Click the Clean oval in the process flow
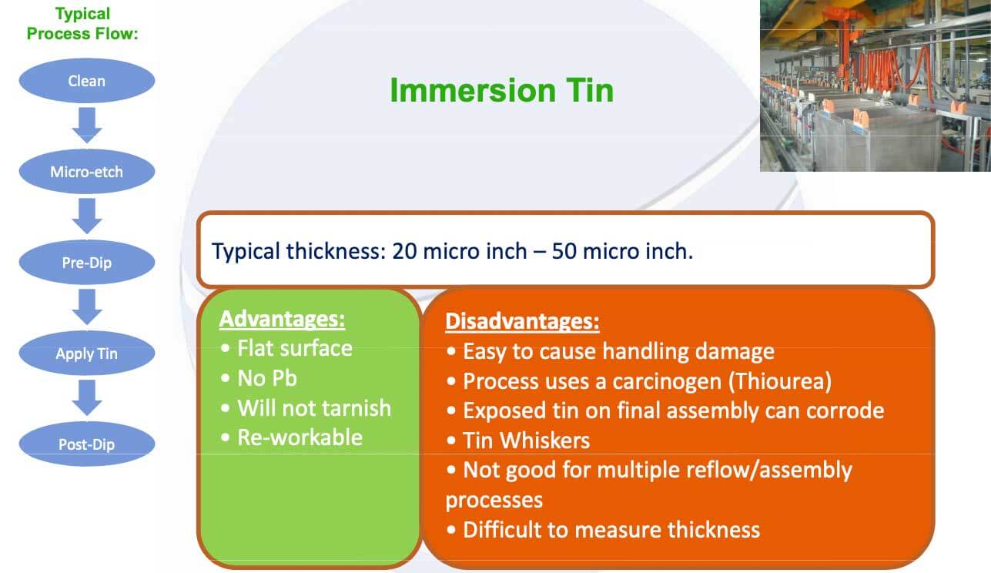click(x=87, y=81)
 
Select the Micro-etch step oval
click(x=87, y=172)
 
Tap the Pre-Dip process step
click(x=87, y=263)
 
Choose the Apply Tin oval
click(x=87, y=353)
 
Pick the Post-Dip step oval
click(x=87, y=444)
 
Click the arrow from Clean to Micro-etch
click(x=87, y=126)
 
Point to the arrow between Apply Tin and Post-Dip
click(x=87, y=397)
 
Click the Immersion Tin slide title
click(x=502, y=90)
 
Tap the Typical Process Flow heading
click(x=82, y=23)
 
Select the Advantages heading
click(x=282, y=319)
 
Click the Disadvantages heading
click(x=522, y=321)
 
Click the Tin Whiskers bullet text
click(x=527, y=441)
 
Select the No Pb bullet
click(x=267, y=378)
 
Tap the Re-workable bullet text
click(x=300, y=437)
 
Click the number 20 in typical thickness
click(x=404, y=251)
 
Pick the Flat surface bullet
click(x=295, y=348)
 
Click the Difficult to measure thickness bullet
click(x=611, y=530)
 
